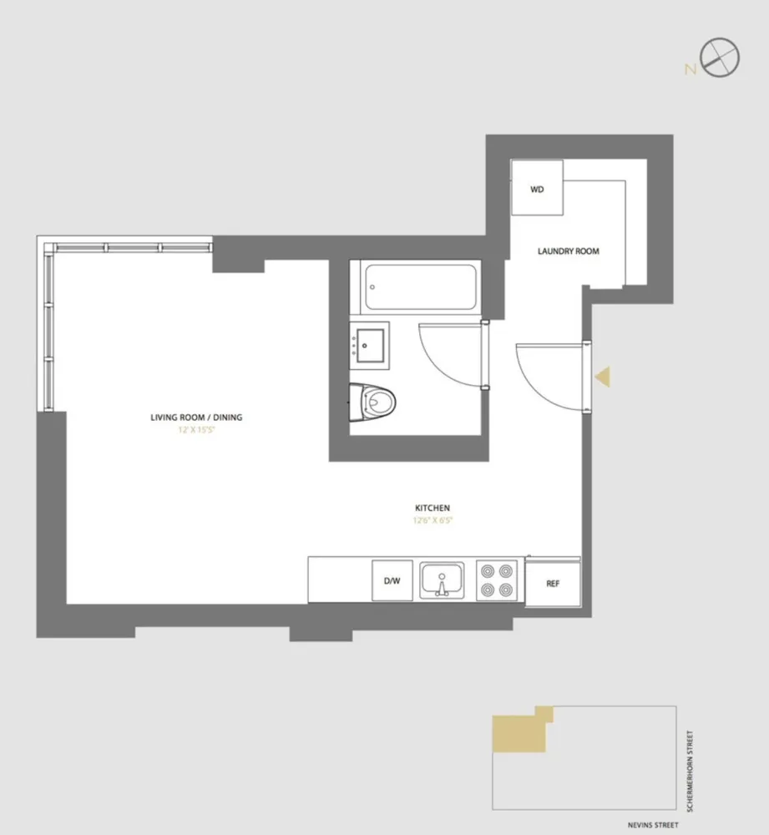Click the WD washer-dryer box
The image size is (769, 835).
pyautogui.click(x=537, y=189)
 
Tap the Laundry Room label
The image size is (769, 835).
pyautogui.click(x=569, y=251)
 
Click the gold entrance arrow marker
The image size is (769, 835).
pyautogui.click(x=601, y=377)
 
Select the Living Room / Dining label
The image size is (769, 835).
pyautogui.click(x=196, y=417)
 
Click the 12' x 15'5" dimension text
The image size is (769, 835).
pyautogui.click(x=196, y=430)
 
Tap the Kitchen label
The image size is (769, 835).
pyautogui.click(x=433, y=508)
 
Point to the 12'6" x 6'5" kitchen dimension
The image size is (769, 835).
pyautogui.click(x=433, y=520)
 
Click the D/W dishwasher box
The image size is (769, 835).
pyautogui.click(x=392, y=582)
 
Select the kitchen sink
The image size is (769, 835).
pyautogui.click(x=443, y=580)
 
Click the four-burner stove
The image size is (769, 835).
pyautogui.click(x=497, y=580)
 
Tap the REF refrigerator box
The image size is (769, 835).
pyautogui.click(x=553, y=583)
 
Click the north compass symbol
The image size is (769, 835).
pyautogui.click(x=720, y=59)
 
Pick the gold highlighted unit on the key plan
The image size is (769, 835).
pyautogui.click(x=519, y=733)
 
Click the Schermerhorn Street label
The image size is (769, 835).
pyautogui.click(x=690, y=770)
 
